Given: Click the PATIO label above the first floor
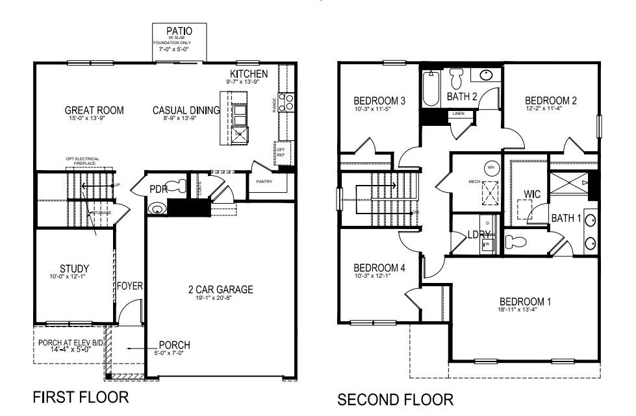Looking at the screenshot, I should [179, 31].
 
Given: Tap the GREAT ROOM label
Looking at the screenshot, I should [94, 110].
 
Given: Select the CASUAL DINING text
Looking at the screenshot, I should [186, 110].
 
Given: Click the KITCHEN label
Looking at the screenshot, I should [249, 73].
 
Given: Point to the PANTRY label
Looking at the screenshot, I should [264, 182].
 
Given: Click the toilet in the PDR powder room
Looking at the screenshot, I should [174, 184].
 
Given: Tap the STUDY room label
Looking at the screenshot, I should [74, 269].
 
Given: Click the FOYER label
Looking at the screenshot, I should [129, 286].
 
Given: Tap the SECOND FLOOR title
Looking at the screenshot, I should [395, 398].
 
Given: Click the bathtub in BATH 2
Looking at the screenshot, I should [431, 91].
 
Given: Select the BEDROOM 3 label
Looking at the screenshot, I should [379, 101].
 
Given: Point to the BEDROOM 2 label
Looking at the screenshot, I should [551, 101].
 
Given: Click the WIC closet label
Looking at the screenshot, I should [532, 195].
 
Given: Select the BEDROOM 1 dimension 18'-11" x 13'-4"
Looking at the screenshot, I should [525, 310].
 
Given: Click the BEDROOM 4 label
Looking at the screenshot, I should [379, 268].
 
